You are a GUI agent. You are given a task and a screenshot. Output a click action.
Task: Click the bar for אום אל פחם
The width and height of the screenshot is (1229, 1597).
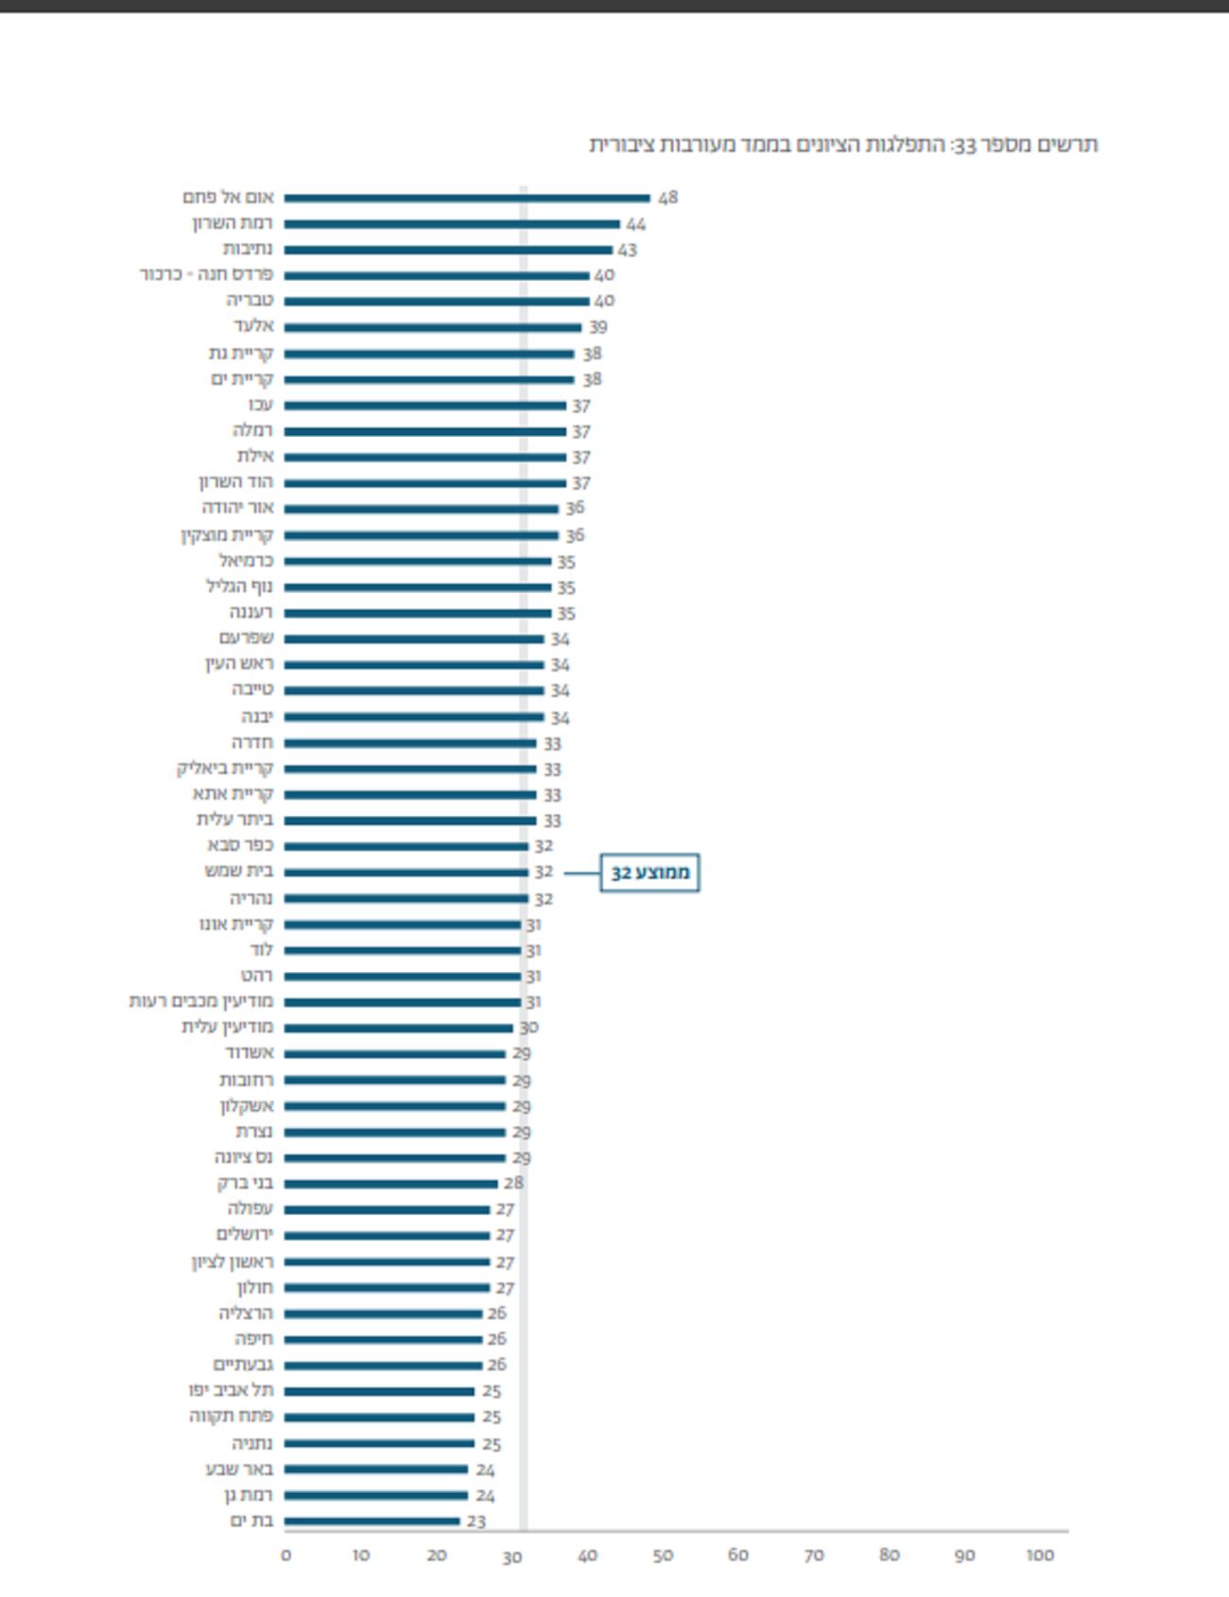pos(467,198)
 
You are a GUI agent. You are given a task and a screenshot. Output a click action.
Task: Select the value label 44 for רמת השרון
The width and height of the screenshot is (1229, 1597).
pos(635,224)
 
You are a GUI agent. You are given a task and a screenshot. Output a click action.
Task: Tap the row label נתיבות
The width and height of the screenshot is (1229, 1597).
pos(248,249)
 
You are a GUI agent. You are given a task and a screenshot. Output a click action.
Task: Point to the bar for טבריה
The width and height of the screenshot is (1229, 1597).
pos(437,301)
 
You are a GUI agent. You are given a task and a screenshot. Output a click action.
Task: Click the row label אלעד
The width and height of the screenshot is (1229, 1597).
pos(253,326)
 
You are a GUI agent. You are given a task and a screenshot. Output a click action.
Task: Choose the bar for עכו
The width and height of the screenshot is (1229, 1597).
pos(425,406)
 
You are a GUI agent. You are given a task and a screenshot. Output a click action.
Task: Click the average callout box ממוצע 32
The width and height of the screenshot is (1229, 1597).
pos(649,873)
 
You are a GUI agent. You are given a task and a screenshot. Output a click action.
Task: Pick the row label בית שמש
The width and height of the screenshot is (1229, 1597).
pos(239,871)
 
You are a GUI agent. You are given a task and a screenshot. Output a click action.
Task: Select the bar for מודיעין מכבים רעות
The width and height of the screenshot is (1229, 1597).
pos(403,1001)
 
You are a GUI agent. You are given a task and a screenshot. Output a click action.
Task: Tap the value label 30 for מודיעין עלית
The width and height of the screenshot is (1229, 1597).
pos(528,1027)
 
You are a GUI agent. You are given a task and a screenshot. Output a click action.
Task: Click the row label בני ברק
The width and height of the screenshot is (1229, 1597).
pos(245,1183)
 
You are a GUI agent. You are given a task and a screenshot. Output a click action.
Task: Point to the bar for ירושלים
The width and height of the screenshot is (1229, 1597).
pos(388,1235)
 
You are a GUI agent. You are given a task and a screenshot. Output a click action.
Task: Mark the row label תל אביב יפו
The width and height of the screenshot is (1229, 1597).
pos(231,1390)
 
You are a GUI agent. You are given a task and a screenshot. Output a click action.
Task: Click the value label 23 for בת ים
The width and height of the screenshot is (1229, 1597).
pos(476,1521)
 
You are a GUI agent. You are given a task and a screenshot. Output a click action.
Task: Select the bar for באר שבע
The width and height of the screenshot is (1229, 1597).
pos(376,1468)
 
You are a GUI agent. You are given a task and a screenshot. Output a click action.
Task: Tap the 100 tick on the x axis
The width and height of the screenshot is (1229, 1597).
pos(1039,1555)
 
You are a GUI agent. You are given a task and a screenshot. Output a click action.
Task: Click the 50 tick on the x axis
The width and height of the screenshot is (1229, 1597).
pos(663,1555)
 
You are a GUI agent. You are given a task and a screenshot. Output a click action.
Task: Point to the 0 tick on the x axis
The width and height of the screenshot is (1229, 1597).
pos(286,1555)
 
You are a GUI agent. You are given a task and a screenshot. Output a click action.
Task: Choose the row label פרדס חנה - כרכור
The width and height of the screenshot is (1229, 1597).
pos(207,274)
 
